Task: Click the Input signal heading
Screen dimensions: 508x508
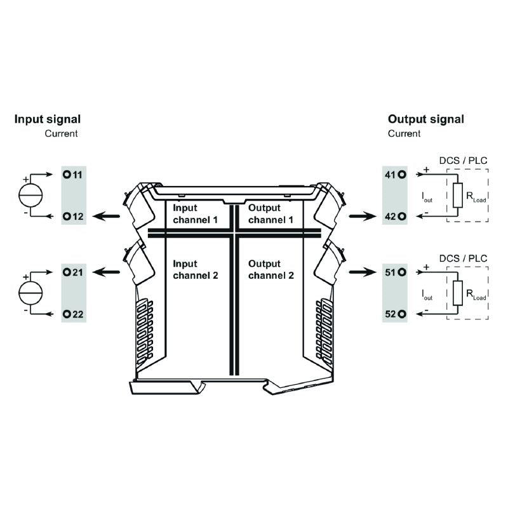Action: click(48, 119)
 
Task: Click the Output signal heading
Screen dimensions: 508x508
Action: click(425, 119)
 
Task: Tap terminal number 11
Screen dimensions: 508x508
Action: click(74, 174)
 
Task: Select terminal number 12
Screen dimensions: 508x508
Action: click(74, 217)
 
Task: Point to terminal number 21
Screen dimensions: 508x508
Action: click(74, 272)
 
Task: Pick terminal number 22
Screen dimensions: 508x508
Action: click(74, 314)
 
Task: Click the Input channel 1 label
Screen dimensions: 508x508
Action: click(195, 214)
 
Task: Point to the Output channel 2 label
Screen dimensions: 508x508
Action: click(271, 269)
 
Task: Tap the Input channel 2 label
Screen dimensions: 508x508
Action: click(195, 269)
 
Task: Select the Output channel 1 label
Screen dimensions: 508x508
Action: click(271, 214)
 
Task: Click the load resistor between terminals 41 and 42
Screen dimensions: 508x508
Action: click(457, 195)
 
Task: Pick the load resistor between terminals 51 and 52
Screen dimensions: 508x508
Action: click(457, 293)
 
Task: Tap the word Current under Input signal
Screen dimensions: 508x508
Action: click(61, 134)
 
